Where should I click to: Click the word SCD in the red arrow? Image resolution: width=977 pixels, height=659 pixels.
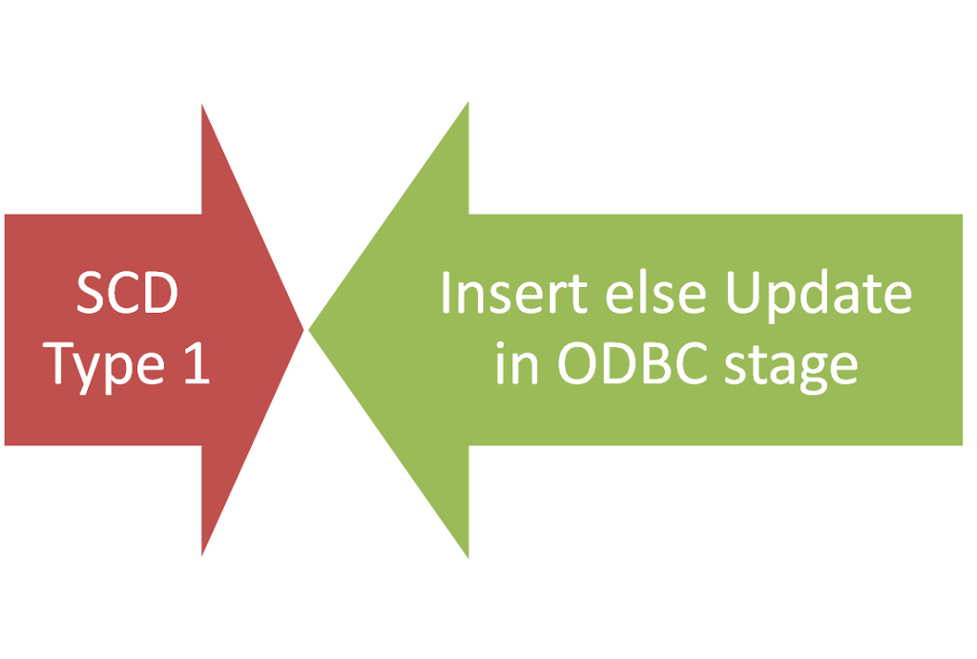[127, 296]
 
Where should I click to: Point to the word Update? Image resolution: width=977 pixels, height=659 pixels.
[818, 296]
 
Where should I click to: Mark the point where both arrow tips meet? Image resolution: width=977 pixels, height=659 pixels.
[306, 329]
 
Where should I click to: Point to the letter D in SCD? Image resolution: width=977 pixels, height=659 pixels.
[158, 296]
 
